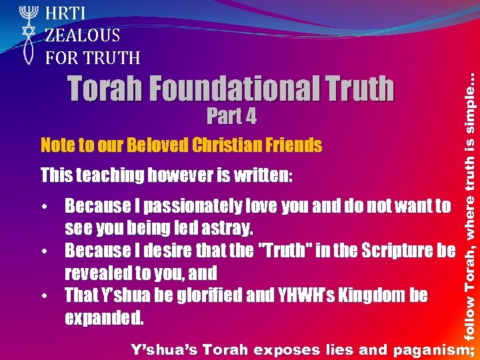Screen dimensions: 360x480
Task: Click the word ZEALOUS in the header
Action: click(83, 35)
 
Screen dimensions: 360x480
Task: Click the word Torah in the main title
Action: click(106, 89)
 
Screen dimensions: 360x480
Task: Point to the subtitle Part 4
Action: click(231, 116)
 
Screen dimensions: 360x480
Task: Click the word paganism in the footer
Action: click(431, 349)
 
